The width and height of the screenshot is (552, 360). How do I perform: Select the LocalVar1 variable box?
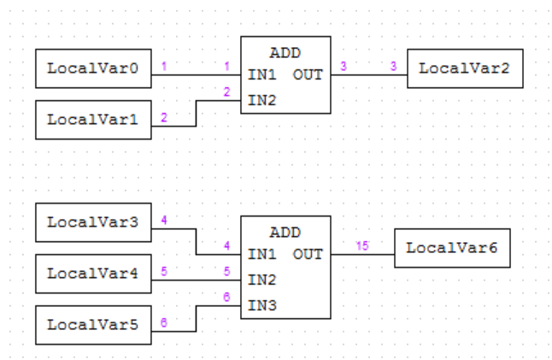pos(93,119)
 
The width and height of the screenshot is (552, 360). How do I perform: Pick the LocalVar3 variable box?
pos(93,222)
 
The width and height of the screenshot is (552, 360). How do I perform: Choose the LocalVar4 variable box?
pos(93,274)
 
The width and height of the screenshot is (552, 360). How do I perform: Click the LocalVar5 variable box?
pos(93,325)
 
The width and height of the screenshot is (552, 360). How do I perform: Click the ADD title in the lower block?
pos(285,232)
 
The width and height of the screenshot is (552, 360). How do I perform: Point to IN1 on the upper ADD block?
pos(260,74)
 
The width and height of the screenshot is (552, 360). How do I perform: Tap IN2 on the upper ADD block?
pos(260,100)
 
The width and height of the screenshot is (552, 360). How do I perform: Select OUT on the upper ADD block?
pos(308,74)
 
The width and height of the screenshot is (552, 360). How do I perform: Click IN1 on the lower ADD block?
pos(260,254)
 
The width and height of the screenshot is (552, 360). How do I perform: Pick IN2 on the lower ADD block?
pos(260,279)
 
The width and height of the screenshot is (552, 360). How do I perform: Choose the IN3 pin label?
pos(260,304)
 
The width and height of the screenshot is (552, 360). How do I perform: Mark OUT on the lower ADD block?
pos(308,254)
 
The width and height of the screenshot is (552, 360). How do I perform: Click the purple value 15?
pos(362,246)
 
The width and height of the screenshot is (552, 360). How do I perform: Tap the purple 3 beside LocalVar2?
pos(393,66)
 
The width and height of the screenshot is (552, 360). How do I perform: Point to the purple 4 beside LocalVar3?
pos(163,220)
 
